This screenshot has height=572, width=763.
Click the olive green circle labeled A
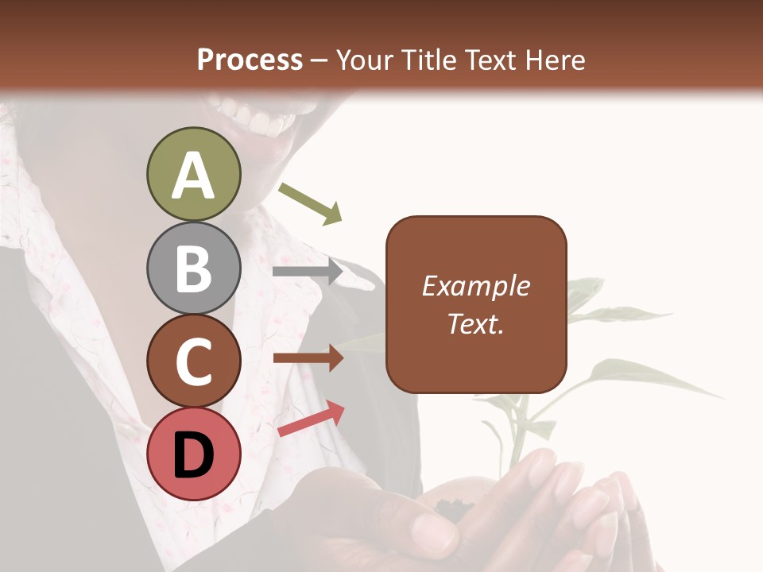(x=193, y=174)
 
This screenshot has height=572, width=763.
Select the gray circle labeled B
(x=193, y=268)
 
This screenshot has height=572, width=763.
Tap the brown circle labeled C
(x=193, y=360)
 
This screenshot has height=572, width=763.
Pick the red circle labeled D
(x=193, y=454)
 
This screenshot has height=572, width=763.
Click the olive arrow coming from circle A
(x=311, y=203)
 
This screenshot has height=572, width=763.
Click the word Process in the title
(x=250, y=60)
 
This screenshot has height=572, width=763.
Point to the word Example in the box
(x=475, y=286)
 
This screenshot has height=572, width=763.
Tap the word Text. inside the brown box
(x=475, y=323)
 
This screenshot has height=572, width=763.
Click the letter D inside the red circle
(x=193, y=455)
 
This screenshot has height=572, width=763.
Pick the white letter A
(x=193, y=176)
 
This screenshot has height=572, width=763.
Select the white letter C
(x=193, y=361)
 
